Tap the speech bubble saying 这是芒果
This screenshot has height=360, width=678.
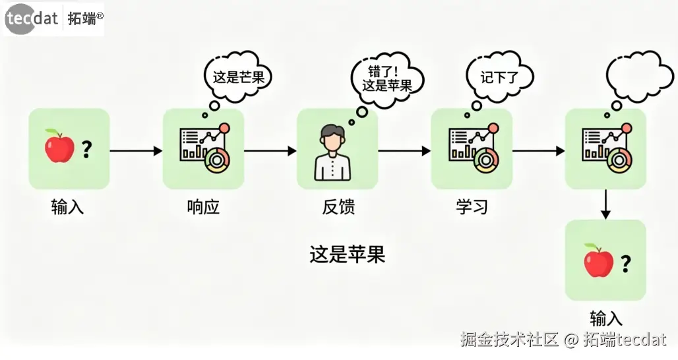pos(238,76)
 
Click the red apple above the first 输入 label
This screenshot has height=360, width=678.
pos(59,146)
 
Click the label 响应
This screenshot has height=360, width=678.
pos(203,207)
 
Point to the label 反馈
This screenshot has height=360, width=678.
pos(338,207)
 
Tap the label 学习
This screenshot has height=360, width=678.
pos(472,207)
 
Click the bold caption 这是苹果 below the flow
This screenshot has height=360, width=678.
pos(347,254)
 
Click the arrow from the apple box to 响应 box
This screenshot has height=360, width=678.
pos(136,151)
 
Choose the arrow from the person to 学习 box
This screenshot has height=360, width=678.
pos(404,151)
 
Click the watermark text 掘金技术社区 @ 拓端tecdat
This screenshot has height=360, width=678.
pos(563,340)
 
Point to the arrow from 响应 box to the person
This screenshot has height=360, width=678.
pos(270,151)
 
